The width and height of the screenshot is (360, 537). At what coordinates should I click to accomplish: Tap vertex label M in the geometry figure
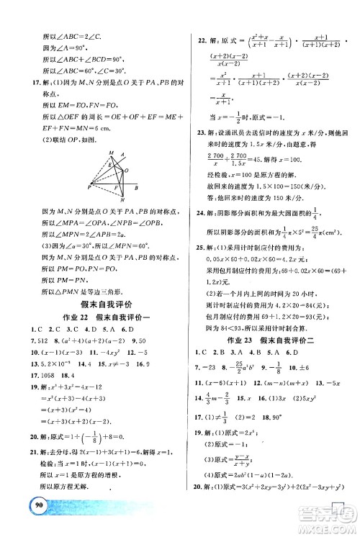(x=111, y=153)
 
